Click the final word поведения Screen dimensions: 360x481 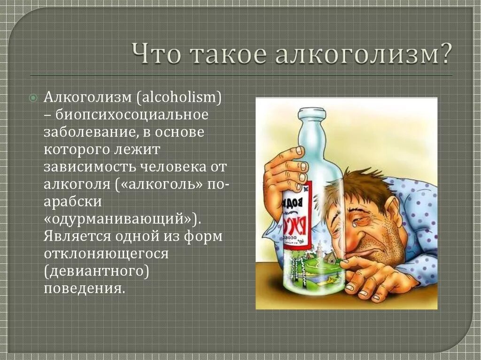[x=85, y=288]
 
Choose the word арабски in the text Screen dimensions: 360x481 [x=73, y=201]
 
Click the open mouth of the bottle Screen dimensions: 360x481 [x=311, y=112]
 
